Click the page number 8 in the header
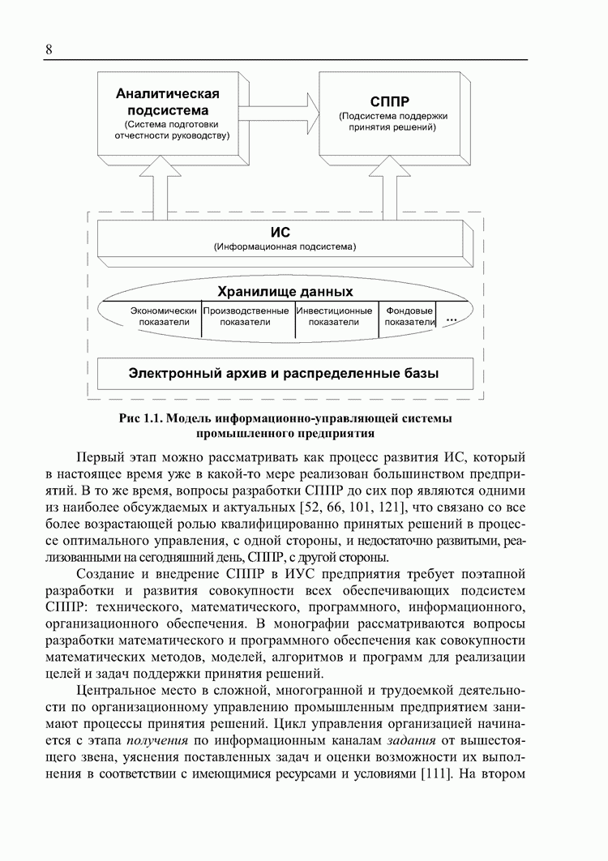[x=49, y=49]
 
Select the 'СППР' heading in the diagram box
[x=388, y=101]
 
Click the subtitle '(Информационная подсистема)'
[x=285, y=246]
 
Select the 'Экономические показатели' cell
[x=164, y=316]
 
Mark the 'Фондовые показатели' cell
[x=409, y=316]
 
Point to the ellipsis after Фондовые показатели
[x=451, y=319]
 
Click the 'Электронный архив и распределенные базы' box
[x=284, y=374]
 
